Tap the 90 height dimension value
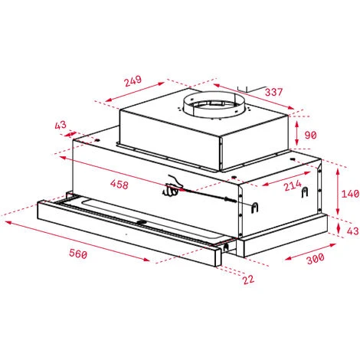pos(309,135)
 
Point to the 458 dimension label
pos(119,184)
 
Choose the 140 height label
pos(349,194)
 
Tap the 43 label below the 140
pos(351,231)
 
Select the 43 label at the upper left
pos(61,125)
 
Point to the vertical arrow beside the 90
pos(297,135)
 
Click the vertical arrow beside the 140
pos(337,191)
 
